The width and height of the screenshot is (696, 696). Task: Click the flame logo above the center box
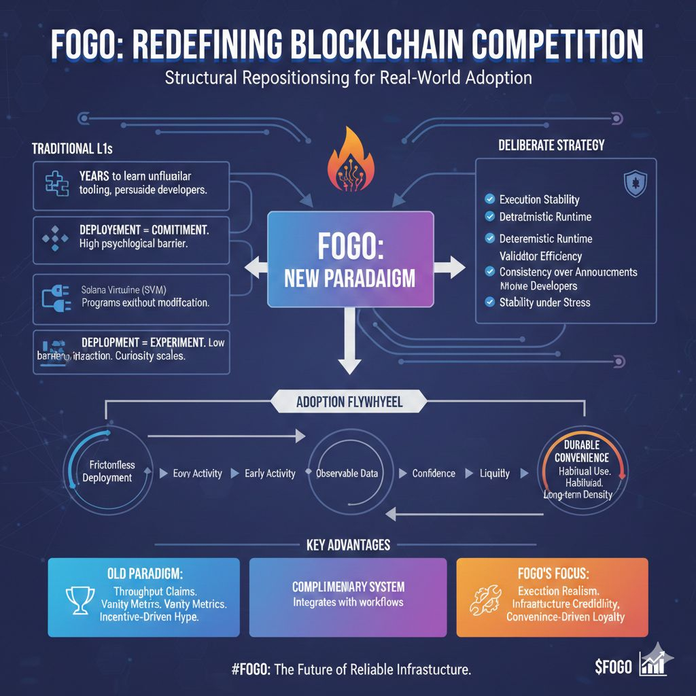[349, 163]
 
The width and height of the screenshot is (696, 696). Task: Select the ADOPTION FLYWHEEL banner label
[349, 402]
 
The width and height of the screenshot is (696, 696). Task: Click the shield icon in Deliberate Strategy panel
[635, 183]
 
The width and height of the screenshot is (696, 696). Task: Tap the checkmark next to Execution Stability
[489, 199]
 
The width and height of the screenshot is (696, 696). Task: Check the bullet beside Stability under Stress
[489, 302]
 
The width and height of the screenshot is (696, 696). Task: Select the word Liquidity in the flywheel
[494, 473]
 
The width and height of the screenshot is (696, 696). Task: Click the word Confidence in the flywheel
[434, 473]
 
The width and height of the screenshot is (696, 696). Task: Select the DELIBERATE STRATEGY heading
[551, 145]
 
